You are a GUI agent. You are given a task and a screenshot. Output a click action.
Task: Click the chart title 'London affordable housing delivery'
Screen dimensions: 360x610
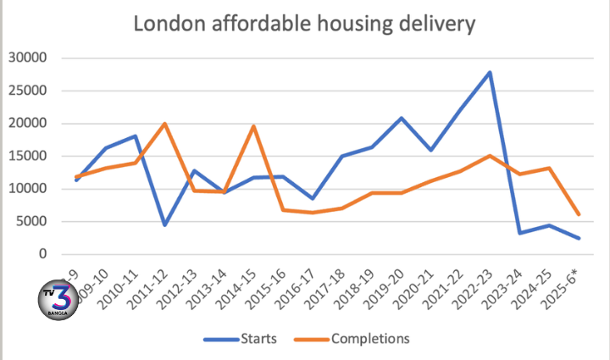click(305, 25)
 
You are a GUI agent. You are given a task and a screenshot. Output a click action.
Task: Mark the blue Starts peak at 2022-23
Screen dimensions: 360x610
click(490, 73)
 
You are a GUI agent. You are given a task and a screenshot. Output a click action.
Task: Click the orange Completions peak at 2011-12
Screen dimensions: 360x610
click(164, 124)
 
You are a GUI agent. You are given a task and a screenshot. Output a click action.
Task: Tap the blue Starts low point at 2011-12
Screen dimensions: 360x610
click(164, 224)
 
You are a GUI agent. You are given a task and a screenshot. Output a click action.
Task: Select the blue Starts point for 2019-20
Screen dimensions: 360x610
click(401, 118)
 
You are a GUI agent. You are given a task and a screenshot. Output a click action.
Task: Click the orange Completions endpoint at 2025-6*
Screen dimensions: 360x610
click(579, 214)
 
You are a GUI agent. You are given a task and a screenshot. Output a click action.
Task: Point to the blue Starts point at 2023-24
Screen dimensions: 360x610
click(519, 233)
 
